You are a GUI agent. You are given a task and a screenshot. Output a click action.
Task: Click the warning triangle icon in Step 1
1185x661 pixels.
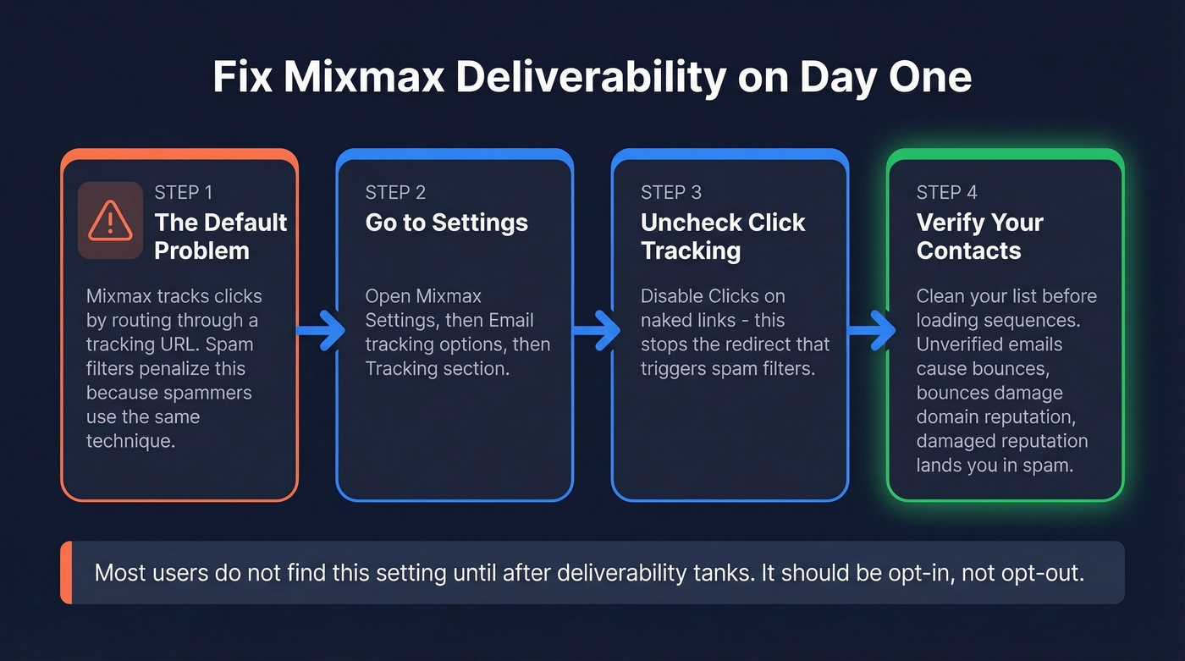coord(110,220)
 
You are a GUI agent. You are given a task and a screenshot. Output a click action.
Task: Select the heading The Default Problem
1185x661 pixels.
coord(220,236)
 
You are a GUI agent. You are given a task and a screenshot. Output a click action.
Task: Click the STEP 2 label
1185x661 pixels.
coord(395,193)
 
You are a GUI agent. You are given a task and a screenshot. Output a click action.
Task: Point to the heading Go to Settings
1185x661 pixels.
coord(446,223)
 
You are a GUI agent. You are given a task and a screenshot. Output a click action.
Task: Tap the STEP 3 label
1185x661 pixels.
coord(671,193)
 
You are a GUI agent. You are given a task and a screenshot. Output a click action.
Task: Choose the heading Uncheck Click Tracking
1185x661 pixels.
coord(722,236)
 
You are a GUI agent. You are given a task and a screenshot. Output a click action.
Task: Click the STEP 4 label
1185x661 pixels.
coord(947,193)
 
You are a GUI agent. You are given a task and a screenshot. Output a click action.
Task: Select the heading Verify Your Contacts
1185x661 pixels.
coord(979,236)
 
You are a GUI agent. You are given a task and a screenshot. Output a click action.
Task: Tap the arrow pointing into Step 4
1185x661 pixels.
coord(871,330)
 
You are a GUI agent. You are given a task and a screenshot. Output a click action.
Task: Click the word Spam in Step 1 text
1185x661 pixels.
coord(234,344)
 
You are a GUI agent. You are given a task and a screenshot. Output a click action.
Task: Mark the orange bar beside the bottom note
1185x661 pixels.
coord(66,573)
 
